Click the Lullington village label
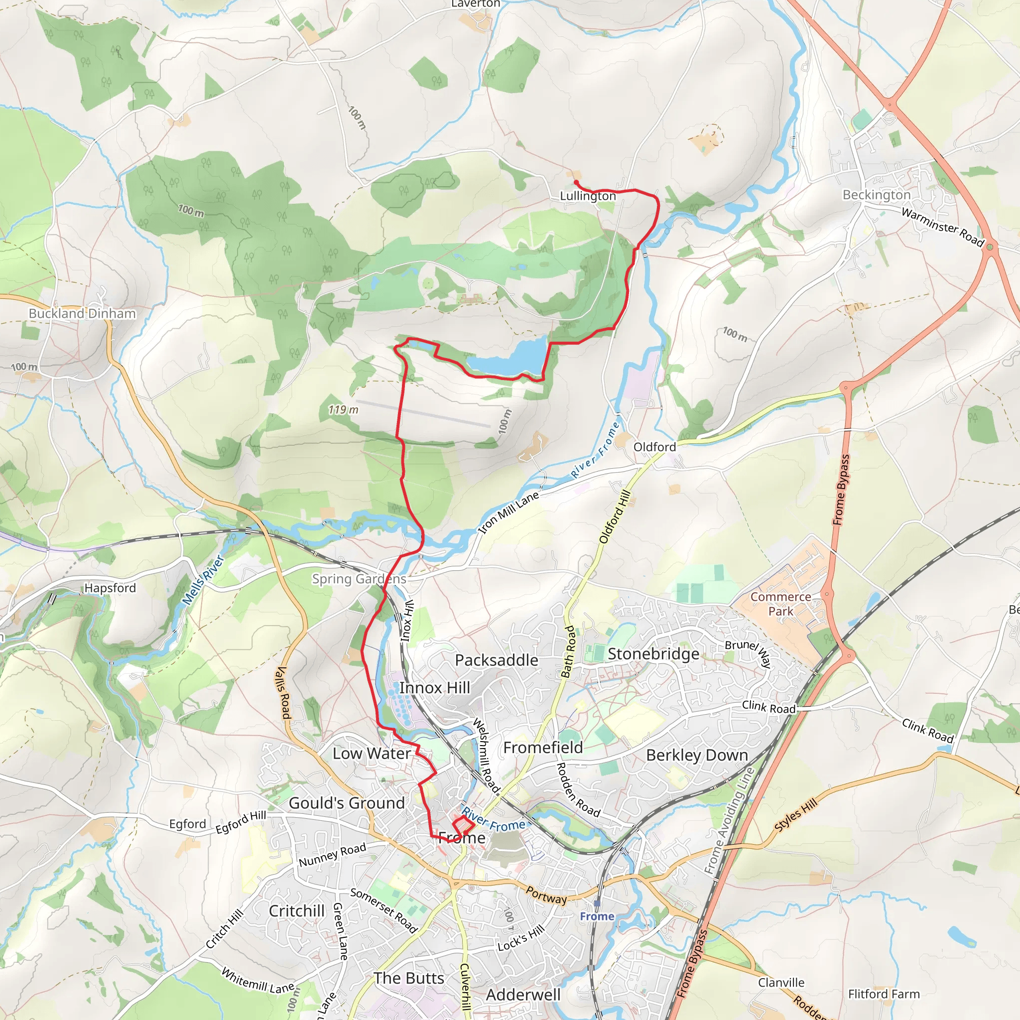pyautogui.click(x=588, y=196)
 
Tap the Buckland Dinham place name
pyautogui.click(x=82, y=313)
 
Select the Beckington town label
pyautogui.click(x=877, y=195)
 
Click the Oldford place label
pyautogui.click(x=654, y=447)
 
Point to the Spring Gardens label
pyautogui.click(x=359, y=579)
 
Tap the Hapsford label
pyautogui.click(x=111, y=588)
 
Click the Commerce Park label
pyautogui.click(x=781, y=604)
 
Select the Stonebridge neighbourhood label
pyautogui.click(x=653, y=654)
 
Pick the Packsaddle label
pyautogui.click(x=497, y=660)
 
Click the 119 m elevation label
pyautogui.click(x=343, y=410)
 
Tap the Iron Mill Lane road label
pyautogui.click(x=509, y=512)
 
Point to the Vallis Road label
pyautogui.click(x=283, y=693)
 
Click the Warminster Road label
pyautogui.click(x=942, y=228)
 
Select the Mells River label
pyautogui.click(x=203, y=579)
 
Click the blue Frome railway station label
pyautogui.click(x=597, y=916)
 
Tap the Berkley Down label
pyautogui.click(x=697, y=755)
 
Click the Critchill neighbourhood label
pyautogui.click(x=297, y=911)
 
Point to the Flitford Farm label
pyautogui.click(x=884, y=994)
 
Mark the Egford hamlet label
pyautogui.click(x=187, y=824)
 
